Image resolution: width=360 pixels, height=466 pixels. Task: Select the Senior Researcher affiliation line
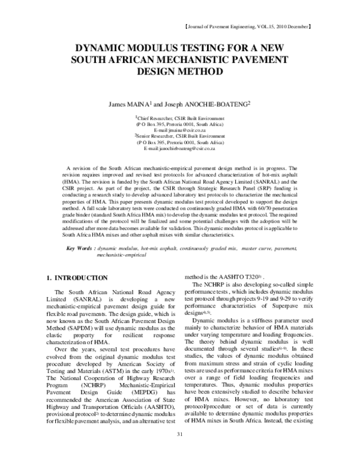tap(179, 136)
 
